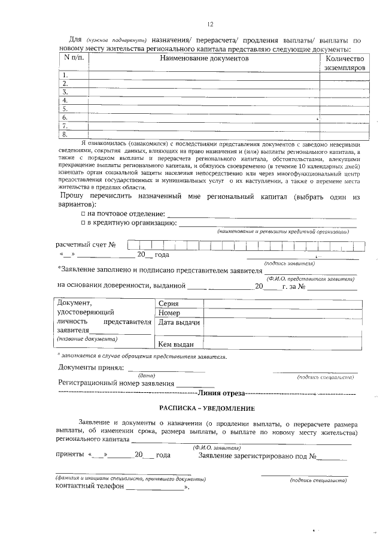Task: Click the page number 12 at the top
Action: [210, 25]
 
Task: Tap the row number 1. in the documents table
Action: [65, 75]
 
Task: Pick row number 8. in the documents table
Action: [65, 134]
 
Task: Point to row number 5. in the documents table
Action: [65, 109]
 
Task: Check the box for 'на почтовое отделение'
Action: [83, 214]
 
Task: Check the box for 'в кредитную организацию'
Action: [83, 223]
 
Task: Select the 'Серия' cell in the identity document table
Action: [170, 304]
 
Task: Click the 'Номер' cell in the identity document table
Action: [170, 313]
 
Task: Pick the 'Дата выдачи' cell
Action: [178, 323]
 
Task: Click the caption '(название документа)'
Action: [87, 339]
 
